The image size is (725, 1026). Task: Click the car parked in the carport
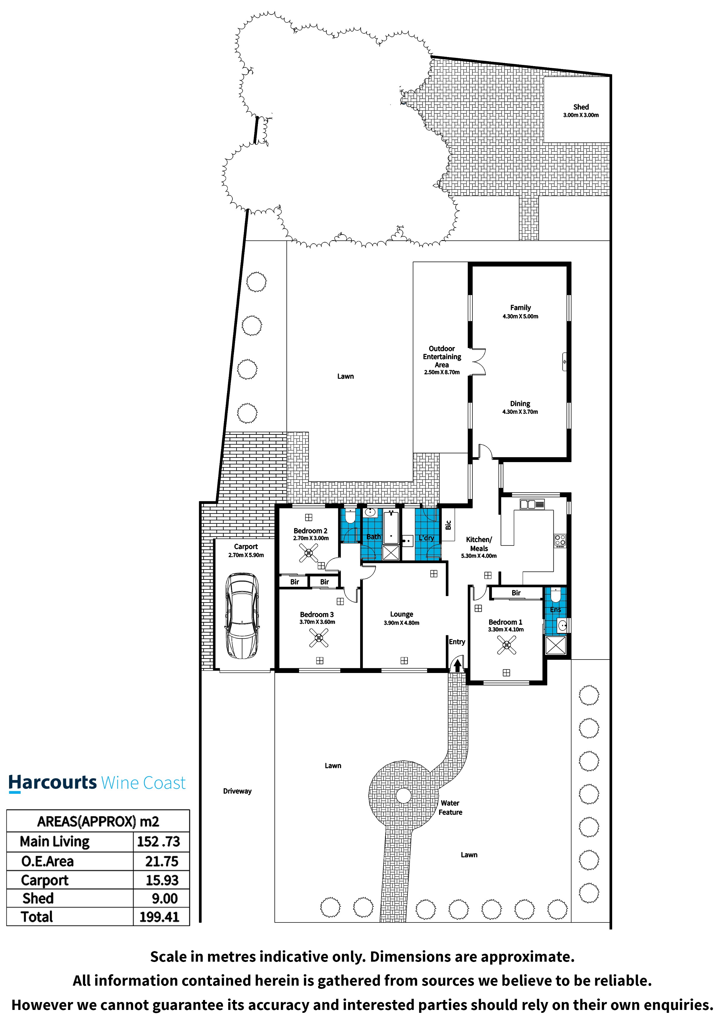pyautogui.click(x=242, y=616)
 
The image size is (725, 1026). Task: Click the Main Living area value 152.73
pyautogui.click(x=158, y=841)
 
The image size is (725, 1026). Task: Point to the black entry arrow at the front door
pyautogui.click(x=457, y=666)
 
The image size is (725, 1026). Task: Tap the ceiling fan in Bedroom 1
pyautogui.click(x=507, y=645)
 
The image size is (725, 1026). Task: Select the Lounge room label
pyautogui.click(x=402, y=614)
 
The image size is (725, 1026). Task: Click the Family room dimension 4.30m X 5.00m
pyautogui.click(x=520, y=316)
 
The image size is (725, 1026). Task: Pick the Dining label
pyautogui.click(x=520, y=404)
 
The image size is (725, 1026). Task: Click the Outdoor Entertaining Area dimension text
pyautogui.click(x=442, y=372)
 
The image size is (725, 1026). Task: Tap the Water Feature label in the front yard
pyautogui.click(x=450, y=808)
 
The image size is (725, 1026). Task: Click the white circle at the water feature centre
pyautogui.click(x=403, y=796)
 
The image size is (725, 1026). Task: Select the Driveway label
pyautogui.click(x=237, y=791)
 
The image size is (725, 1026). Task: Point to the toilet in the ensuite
pyautogui.click(x=555, y=595)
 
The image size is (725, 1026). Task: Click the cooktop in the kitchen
pyautogui.click(x=560, y=541)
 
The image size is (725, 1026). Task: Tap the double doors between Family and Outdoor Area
pyautogui.click(x=477, y=361)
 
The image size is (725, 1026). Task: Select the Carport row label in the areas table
pyautogui.click(x=45, y=880)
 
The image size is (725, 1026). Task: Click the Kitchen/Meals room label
pyautogui.click(x=479, y=544)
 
